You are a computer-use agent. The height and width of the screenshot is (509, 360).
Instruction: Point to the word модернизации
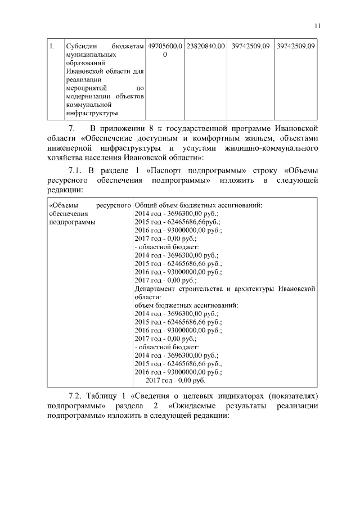87,96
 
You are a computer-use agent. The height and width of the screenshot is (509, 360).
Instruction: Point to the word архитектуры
253,289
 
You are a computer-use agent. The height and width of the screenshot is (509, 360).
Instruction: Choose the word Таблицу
103,396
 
